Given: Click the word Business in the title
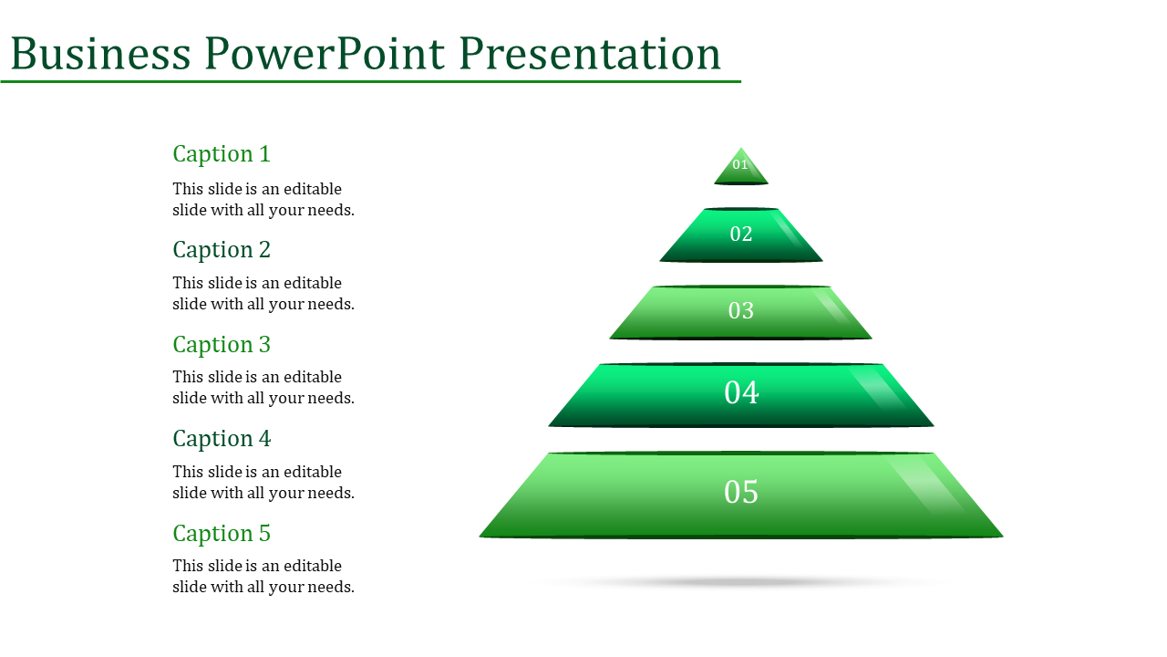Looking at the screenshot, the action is [x=100, y=53].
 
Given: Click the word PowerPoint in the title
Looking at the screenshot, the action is [x=325, y=54].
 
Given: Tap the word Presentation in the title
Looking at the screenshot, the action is [x=590, y=54].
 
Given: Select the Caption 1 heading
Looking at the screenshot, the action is [x=222, y=154].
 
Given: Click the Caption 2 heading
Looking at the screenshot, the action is [x=222, y=250].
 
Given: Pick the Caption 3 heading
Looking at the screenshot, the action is [x=222, y=345].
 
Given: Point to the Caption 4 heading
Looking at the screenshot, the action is [x=222, y=439].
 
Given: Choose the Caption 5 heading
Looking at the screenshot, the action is [x=222, y=534].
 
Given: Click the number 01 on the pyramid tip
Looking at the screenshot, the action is [x=740, y=165].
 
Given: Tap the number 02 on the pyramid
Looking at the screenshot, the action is [x=741, y=235].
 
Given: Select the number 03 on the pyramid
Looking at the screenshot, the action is [x=741, y=311].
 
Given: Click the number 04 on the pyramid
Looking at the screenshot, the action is [x=741, y=392].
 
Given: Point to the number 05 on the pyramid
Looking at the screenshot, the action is [x=741, y=492].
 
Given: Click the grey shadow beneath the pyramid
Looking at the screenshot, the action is [x=739, y=582].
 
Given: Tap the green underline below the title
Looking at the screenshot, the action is [x=370, y=82].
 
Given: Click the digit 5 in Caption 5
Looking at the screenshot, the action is [x=264, y=534].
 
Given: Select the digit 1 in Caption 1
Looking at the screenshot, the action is [x=264, y=154].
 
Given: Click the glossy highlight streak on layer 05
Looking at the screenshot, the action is [x=927, y=485].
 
